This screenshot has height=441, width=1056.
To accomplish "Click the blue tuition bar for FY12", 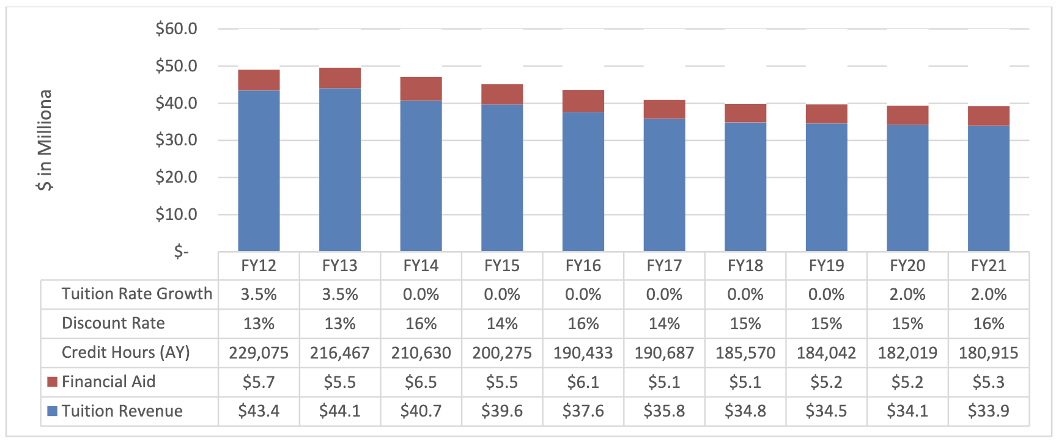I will point(259,171).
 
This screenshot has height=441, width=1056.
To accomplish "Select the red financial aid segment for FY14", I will point(421,89).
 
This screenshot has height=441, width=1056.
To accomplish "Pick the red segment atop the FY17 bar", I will point(664,109).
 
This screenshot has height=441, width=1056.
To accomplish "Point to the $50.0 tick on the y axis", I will point(176,66).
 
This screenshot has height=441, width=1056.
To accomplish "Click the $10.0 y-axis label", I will point(176,214).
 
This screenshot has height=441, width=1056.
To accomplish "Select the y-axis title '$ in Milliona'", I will point(45,140).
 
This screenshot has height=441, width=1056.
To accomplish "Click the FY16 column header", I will point(583,266).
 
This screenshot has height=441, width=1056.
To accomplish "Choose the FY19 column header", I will point(826,266).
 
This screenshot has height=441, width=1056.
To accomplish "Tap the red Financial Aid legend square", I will point(53,382).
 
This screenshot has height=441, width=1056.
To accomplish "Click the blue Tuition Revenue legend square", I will point(53,411).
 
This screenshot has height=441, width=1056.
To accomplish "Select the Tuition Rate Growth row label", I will point(136,294).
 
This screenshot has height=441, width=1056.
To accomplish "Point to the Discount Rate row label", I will point(113,323).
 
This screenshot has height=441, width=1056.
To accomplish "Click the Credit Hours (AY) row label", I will point(125,352).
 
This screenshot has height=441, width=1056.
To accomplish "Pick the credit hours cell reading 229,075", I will point(259,353).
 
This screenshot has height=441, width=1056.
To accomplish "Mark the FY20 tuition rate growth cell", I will point(907,294).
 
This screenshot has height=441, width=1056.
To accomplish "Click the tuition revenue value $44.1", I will point(339,412).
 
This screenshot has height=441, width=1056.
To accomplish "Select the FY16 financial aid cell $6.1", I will point(583,382).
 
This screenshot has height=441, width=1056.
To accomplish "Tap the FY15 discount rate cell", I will point(502,324).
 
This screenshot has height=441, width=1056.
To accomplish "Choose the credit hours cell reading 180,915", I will point(988,353).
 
